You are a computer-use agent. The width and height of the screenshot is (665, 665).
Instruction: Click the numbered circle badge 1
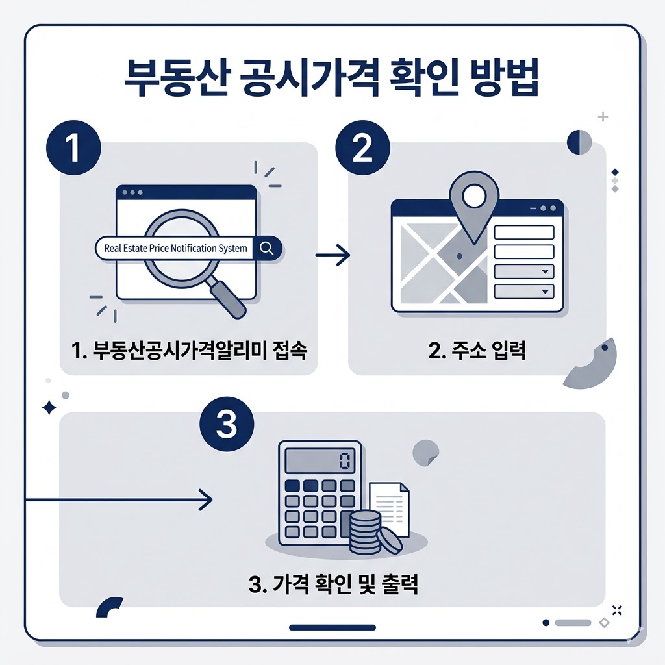click(73, 148)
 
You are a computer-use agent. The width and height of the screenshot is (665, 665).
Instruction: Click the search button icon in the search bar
click(266, 247)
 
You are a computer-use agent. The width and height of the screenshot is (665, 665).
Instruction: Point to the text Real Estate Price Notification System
click(175, 248)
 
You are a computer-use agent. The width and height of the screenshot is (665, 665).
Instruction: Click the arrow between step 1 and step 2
click(332, 255)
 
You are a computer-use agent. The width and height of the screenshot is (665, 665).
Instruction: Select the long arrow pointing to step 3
click(117, 499)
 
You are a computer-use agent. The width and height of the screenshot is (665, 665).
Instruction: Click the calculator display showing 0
click(320, 461)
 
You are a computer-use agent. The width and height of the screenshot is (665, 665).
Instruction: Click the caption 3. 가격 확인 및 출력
click(333, 583)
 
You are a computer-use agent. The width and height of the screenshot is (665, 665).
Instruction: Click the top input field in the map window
click(524, 232)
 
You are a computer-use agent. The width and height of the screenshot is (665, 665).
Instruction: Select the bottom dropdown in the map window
click(524, 291)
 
